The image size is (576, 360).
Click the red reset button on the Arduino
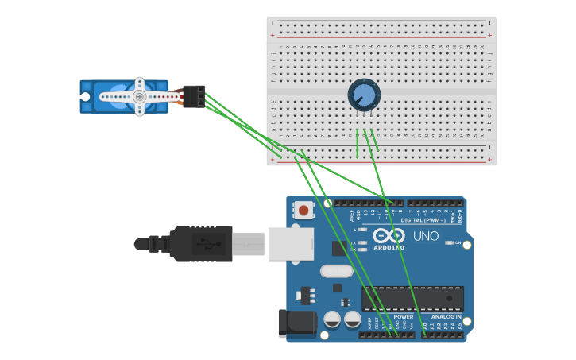pyautogui.click(x=303, y=211)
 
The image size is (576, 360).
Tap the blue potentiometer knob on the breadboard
pyautogui.click(x=364, y=95)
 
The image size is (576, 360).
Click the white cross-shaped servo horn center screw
pyautogui.click(x=140, y=97)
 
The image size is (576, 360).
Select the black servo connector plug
pyautogui.click(x=194, y=96)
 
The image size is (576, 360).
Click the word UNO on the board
pyautogui.click(x=426, y=236)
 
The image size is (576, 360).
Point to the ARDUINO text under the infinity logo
pyautogui.click(x=389, y=247)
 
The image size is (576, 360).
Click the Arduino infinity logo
pyautogui.click(x=389, y=236)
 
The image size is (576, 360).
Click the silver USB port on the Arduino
pyautogui.click(x=291, y=244)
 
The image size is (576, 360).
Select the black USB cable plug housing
pyautogui.click(x=202, y=244)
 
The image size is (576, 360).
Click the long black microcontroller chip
pyautogui.click(x=412, y=299)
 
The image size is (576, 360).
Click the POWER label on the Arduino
pyautogui.click(x=403, y=317)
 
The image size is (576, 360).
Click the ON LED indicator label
pyautogui.click(x=458, y=242)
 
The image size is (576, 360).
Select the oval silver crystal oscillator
pyautogui.click(x=336, y=271)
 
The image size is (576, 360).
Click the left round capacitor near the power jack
pyautogui.click(x=333, y=319)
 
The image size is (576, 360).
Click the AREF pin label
pyautogui.click(x=352, y=214)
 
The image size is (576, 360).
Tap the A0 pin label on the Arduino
pyautogui.click(x=425, y=326)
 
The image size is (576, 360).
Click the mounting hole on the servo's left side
pyautogui.click(x=85, y=97)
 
